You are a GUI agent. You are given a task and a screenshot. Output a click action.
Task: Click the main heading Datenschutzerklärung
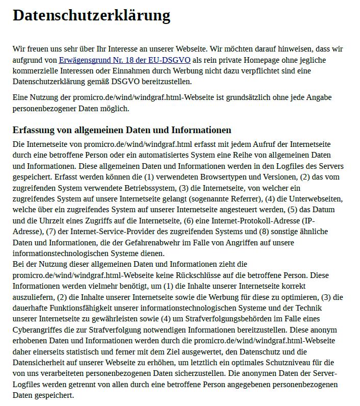click(x=91, y=16)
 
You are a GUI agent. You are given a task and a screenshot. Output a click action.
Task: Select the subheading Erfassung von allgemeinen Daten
click(x=122, y=130)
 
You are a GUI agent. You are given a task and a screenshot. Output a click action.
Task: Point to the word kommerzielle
click(x=36, y=71)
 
